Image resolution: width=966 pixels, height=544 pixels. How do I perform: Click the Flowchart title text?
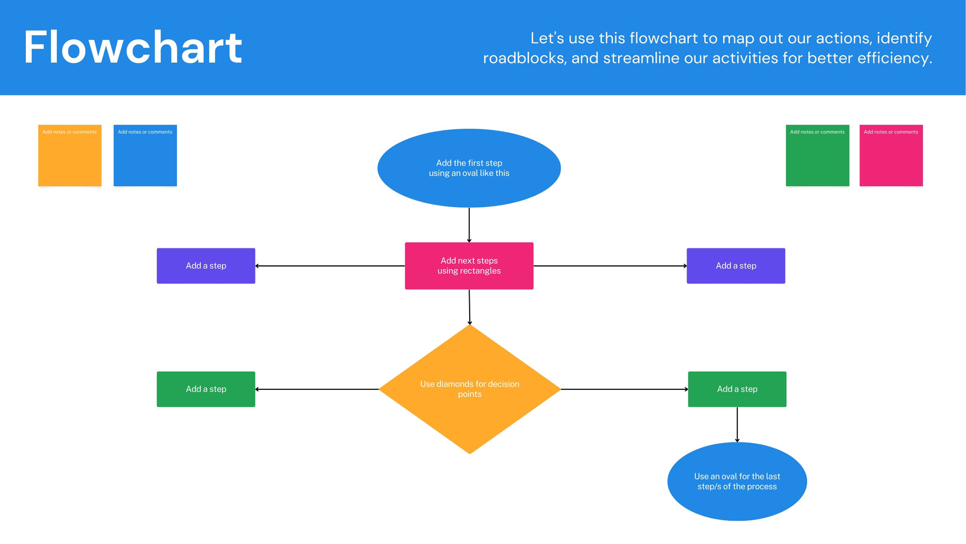click(133, 47)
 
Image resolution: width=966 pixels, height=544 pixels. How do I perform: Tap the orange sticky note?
click(70, 155)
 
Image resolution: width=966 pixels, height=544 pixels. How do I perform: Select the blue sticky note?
click(146, 155)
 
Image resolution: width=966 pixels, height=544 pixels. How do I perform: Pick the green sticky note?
click(817, 155)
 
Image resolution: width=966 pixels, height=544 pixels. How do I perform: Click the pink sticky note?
click(891, 155)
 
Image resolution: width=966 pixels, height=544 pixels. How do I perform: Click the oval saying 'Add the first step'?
click(469, 168)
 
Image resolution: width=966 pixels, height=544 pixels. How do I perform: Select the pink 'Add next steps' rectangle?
click(469, 266)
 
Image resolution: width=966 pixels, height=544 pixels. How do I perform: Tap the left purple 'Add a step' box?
click(206, 266)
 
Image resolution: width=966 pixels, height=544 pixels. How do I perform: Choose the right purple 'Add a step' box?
click(736, 266)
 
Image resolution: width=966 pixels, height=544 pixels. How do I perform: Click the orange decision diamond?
click(470, 389)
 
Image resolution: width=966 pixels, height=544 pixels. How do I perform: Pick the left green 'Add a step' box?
click(206, 389)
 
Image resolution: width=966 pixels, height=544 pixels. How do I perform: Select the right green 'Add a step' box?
click(737, 389)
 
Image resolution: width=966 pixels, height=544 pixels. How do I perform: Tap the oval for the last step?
click(737, 481)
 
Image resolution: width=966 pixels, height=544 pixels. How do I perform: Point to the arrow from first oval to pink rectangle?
click(469, 225)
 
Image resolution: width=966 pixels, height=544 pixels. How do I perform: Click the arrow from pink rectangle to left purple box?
click(330, 266)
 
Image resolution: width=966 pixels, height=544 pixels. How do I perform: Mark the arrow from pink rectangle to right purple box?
click(610, 266)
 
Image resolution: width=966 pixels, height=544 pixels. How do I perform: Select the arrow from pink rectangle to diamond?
click(470, 307)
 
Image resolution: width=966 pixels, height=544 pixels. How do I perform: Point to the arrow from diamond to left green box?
click(317, 389)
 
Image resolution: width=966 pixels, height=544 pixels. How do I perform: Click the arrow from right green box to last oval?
click(737, 425)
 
